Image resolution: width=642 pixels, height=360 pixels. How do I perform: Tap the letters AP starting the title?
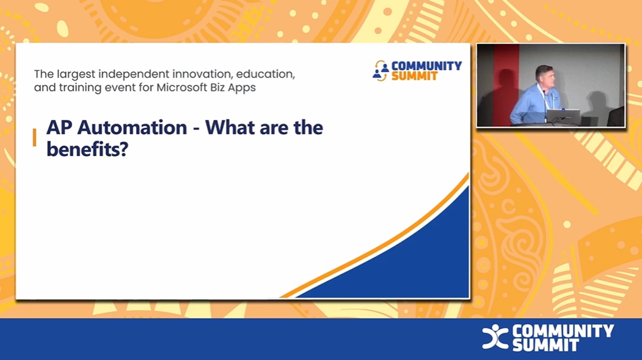click(x=58, y=128)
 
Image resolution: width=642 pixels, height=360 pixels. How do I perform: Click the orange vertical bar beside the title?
click(x=35, y=137)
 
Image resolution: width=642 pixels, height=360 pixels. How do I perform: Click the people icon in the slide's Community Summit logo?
click(x=381, y=71)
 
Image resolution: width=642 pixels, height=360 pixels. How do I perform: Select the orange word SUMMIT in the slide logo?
click(x=414, y=76)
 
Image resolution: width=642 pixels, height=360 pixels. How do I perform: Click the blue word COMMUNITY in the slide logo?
click(x=426, y=66)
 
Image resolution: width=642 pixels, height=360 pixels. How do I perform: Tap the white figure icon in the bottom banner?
click(x=494, y=337)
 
